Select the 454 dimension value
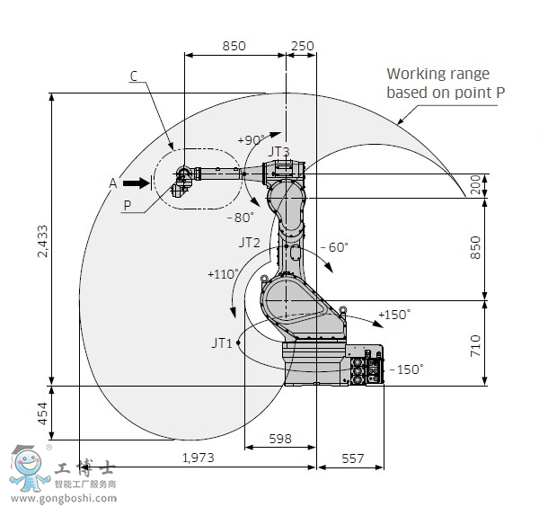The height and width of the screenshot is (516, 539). (40, 414)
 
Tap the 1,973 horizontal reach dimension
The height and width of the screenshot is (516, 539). (198, 458)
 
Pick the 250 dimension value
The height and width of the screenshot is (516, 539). (302, 46)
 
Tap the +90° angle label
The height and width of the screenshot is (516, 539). (251, 140)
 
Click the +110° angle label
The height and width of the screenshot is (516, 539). (223, 273)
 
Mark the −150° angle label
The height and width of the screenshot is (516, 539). (405, 369)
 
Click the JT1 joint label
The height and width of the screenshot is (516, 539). (222, 343)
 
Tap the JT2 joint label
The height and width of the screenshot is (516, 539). (249, 243)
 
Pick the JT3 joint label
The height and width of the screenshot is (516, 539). (278, 151)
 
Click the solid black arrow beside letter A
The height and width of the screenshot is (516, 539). (136, 182)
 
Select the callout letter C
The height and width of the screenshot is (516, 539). (133, 76)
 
